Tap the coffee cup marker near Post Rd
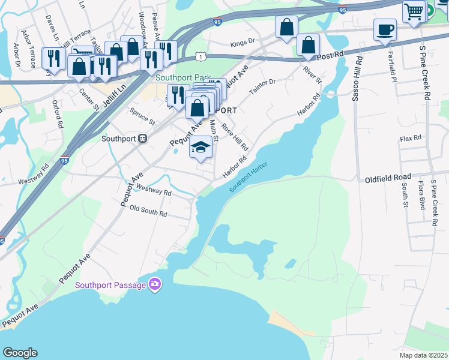tap(385, 29)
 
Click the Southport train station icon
tap(143, 138)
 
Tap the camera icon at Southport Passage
tap(155, 284)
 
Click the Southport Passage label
tap(110, 284)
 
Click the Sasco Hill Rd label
tap(357, 79)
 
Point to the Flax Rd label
tap(411, 138)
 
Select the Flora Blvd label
tap(422, 196)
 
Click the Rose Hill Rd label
tap(235, 137)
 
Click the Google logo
tap(19, 353)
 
